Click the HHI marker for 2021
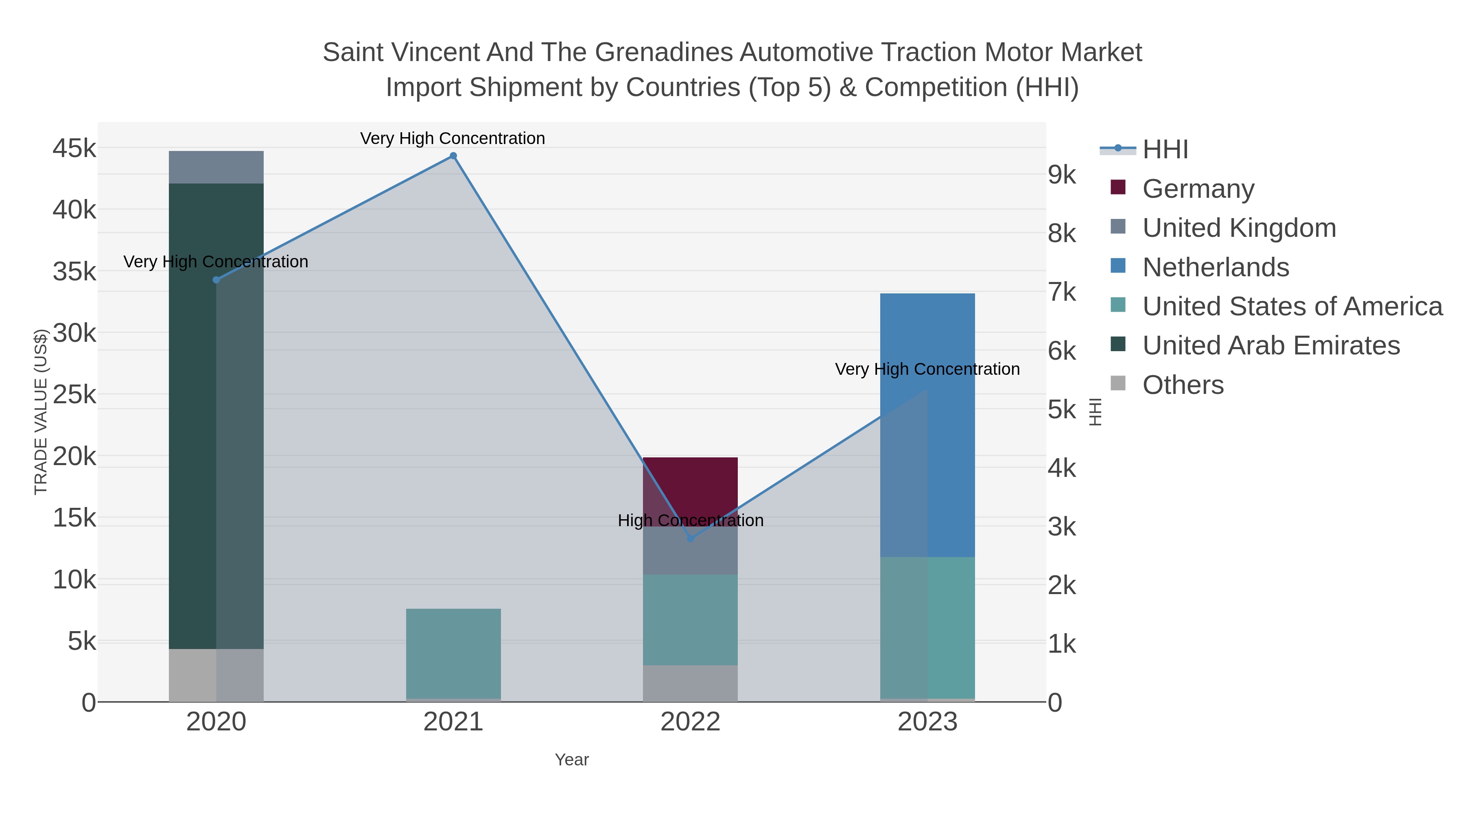[x=453, y=156]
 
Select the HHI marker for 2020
[x=216, y=280]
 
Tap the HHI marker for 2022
[x=691, y=538]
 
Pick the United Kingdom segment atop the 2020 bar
[x=216, y=167]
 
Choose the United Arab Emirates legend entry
[x=1270, y=346]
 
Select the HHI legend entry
[x=1165, y=150]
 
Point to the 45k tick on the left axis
[x=74, y=149]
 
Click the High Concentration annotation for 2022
[x=691, y=520]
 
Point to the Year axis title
[x=572, y=760]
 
